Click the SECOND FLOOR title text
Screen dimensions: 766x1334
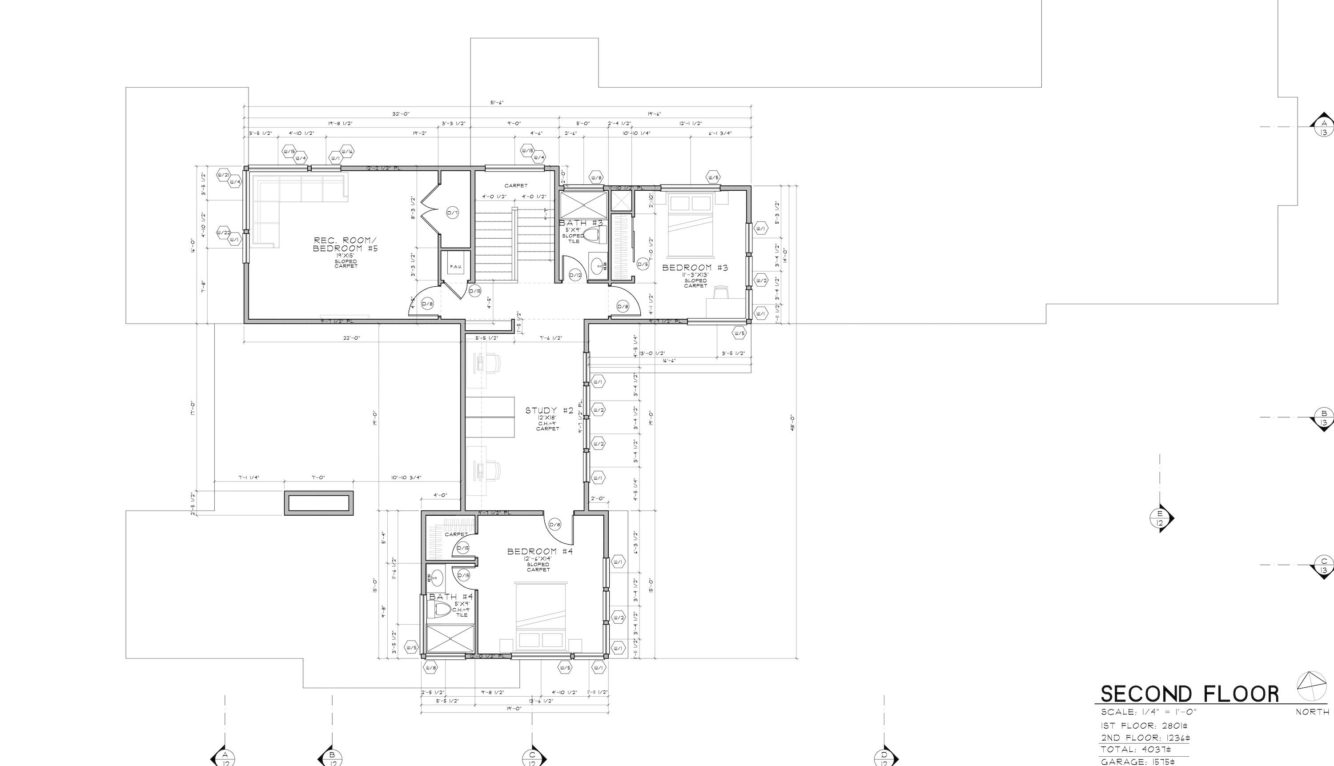pos(1189,694)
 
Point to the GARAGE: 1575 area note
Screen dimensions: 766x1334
pos(1137,761)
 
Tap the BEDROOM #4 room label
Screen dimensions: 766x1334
pos(539,551)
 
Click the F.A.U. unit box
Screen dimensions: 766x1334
pos(455,267)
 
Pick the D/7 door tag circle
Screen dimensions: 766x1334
pos(453,213)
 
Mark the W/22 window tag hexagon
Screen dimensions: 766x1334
pos(224,233)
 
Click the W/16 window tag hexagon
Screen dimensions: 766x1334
pos(347,151)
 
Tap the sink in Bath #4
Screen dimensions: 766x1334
pos(436,579)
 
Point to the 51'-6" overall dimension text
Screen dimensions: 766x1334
pos(497,103)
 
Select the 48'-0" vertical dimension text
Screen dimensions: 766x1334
pos(792,422)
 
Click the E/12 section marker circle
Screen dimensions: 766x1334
pos(1160,518)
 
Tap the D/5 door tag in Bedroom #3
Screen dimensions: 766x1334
pos(643,265)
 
